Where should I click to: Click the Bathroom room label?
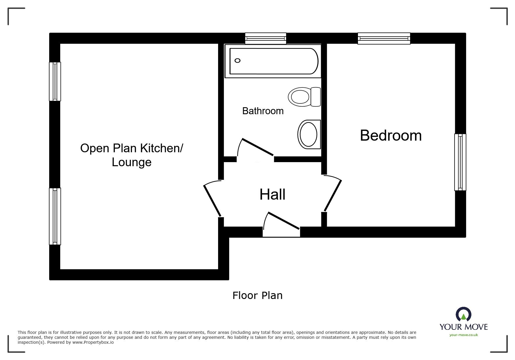click(x=263, y=111)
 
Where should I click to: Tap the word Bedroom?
click(x=391, y=135)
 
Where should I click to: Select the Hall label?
click(x=272, y=194)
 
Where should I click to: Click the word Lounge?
click(x=131, y=162)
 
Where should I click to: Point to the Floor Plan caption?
click(x=257, y=295)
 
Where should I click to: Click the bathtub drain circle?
click(x=237, y=60)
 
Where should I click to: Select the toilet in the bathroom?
click(x=304, y=96)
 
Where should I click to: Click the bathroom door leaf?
click(x=258, y=147)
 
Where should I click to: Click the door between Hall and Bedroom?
click(x=333, y=196)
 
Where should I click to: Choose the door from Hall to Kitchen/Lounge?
click(x=212, y=200)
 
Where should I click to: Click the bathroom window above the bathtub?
click(x=265, y=38)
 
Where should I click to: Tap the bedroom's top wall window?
click(x=384, y=38)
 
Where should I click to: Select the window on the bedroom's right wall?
click(x=460, y=162)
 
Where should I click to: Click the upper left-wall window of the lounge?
click(x=55, y=81)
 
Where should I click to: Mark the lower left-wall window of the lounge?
click(x=55, y=216)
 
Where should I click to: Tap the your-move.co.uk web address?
click(x=464, y=335)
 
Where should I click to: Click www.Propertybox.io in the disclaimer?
click(x=93, y=342)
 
